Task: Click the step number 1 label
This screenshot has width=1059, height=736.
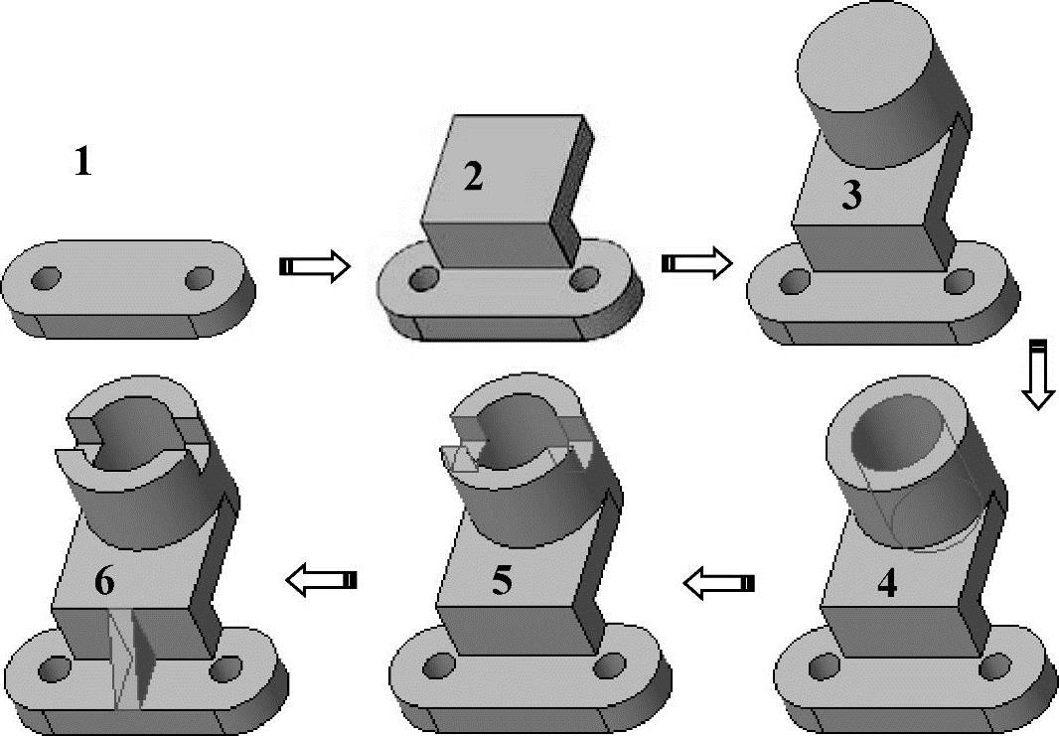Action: pos(82,162)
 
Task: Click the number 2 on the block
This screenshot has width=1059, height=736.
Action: pos(474,177)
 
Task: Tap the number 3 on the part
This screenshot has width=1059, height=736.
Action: pos(852,195)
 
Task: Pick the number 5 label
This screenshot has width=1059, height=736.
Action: pos(501,582)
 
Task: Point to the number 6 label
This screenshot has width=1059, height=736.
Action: pos(104,582)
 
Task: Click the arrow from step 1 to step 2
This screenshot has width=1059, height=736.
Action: pos(315,266)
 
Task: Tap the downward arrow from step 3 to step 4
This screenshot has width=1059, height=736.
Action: pos(1039,375)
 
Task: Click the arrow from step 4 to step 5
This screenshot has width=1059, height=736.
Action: pos(717,583)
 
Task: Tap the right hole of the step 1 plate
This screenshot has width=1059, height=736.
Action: pos(200,277)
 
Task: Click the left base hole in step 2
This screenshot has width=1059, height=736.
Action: pos(425,277)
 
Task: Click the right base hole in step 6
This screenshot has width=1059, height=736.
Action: pos(225,668)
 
